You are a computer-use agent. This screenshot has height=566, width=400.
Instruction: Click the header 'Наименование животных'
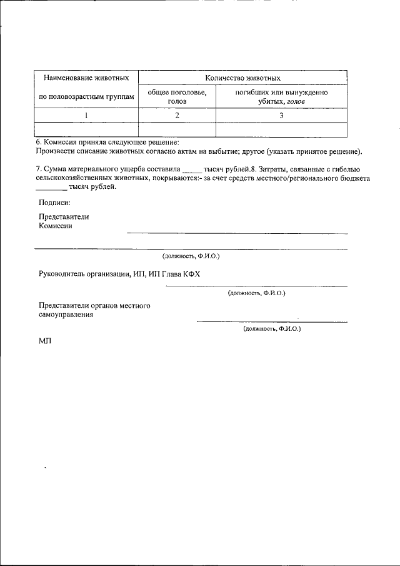(x=86, y=78)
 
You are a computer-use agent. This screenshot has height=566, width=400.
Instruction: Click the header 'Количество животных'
(x=242, y=78)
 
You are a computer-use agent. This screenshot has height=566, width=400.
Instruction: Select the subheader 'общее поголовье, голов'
(x=177, y=96)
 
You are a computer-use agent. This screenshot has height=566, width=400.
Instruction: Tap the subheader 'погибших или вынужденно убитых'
(x=281, y=96)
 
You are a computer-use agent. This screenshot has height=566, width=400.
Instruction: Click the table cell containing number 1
(x=86, y=115)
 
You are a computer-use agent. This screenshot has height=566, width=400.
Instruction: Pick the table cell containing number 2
(x=177, y=115)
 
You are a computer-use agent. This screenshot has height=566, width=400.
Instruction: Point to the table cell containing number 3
(x=281, y=115)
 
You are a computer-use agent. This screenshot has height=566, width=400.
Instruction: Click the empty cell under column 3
(x=281, y=129)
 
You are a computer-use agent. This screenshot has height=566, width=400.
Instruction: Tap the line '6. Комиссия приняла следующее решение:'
(x=107, y=143)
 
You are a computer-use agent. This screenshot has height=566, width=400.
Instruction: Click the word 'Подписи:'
(x=54, y=202)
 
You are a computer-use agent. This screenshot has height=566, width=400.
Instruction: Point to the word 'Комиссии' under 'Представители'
(x=55, y=226)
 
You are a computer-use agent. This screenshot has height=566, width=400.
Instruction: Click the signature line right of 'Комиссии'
(x=237, y=233)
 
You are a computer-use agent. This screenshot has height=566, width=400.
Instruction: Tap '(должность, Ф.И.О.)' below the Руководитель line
(x=257, y=292)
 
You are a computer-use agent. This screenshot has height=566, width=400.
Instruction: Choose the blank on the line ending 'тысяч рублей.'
(x=51, y=188)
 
